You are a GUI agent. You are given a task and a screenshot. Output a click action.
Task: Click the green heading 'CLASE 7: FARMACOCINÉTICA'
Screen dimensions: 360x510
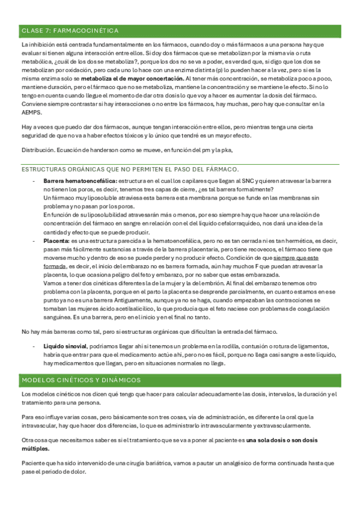tap(70, 30)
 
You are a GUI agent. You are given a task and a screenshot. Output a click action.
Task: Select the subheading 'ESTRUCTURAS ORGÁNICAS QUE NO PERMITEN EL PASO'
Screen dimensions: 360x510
tap(129, 169)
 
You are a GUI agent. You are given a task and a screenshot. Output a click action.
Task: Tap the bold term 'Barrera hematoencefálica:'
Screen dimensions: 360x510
tap(81, 181)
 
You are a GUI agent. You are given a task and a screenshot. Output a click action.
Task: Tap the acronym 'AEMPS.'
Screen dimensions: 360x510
tap(32, 112)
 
